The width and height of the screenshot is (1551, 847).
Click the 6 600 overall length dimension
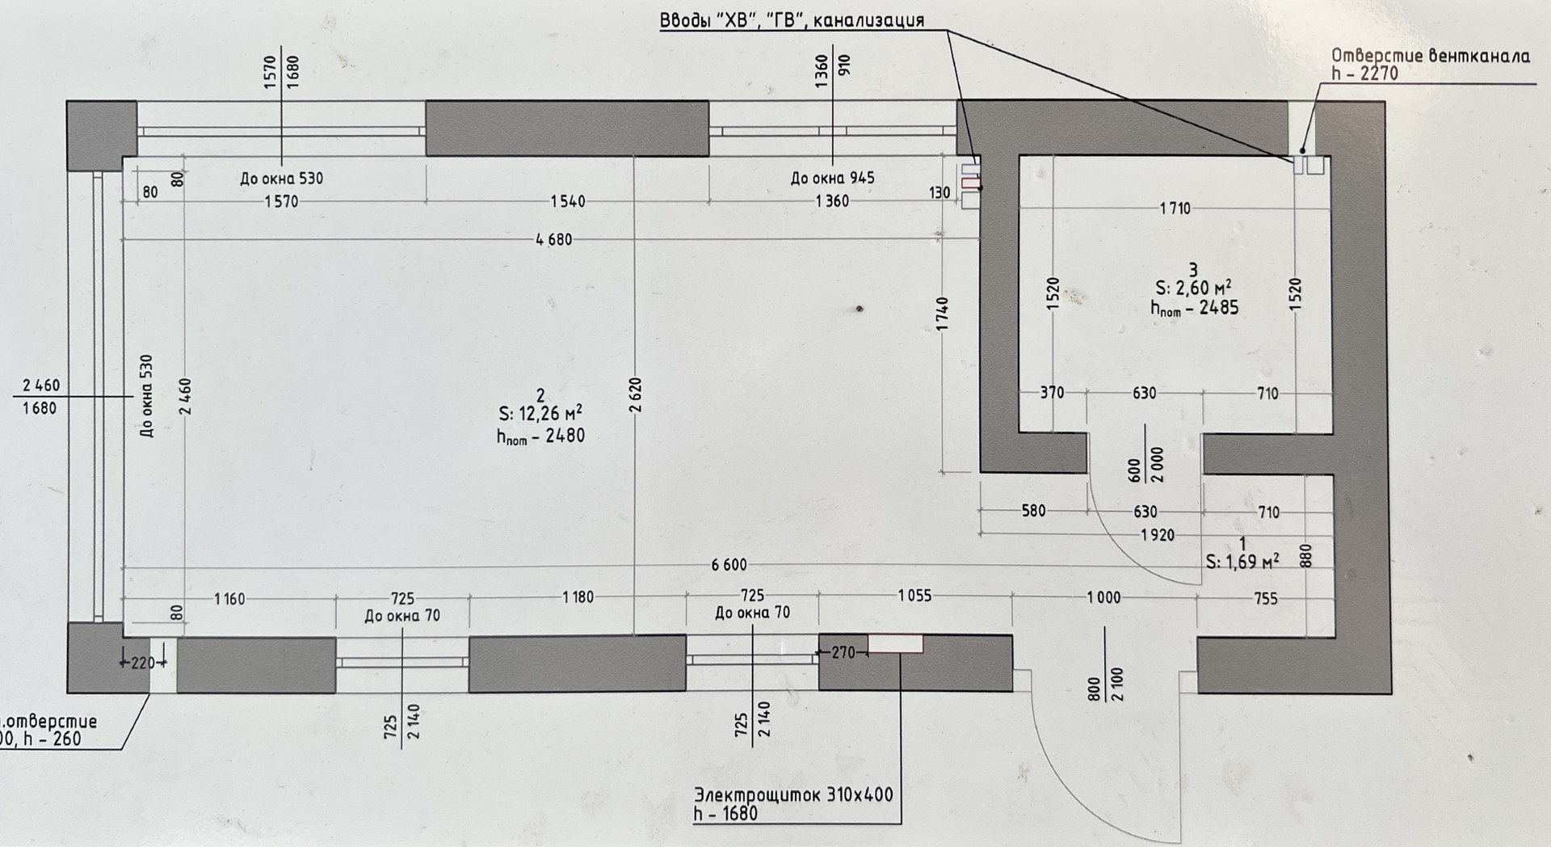click(x=729, y=565)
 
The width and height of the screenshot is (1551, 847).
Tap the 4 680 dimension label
click(x=553, y=239)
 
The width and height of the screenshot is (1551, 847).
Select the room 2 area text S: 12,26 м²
click(x=540, y=415)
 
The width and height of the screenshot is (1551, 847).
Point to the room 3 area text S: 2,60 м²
click(x=1193, y=288)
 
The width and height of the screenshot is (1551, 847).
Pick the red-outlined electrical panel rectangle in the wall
click(x=895, y=644)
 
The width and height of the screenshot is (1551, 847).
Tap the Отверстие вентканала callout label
click(x=1430, y=56)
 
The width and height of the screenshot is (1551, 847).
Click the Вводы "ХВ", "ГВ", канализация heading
click(x=792, y=20)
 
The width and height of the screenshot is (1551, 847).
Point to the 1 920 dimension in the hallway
click(x=1158, y=534)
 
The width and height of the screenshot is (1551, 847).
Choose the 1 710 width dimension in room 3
click(x=1175, y=209)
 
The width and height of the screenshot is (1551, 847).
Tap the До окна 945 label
click(x=832, y=178)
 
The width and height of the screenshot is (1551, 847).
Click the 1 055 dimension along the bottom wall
click(x=914, y=596)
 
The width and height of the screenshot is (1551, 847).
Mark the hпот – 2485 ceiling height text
click(x=1194, y=307)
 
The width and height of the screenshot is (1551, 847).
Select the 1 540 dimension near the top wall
click(x=568, y=201)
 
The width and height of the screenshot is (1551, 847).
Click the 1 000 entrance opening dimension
click(x=1103, y=597)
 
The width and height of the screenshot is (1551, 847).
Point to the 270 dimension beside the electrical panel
click(x=843, y=652)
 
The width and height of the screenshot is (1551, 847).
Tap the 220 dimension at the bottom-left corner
click(x=142, y=664)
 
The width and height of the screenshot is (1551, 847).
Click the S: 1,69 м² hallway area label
click(x=1242, y=562)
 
